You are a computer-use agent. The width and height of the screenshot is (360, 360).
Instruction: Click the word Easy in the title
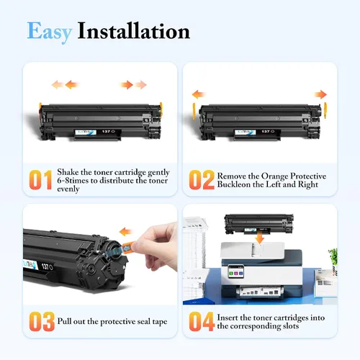pyautogui.click(x=50, y=32)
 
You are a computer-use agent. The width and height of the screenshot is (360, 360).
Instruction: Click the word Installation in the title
pyautogui.click(x=134, y=31)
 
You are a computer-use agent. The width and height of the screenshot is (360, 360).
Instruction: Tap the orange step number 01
pyautogui.click(x=40, y=180)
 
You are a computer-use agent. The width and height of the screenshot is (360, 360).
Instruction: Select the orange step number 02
pyautogui.click(x=202, y=180)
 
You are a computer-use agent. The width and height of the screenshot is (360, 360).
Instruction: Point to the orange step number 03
pyautogui.click(x=42, y=322)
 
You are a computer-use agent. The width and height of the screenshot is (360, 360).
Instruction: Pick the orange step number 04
pyautogui.click(x=202, y=322)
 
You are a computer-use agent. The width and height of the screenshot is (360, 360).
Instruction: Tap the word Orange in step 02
pyautogui.click(x=274, y=176)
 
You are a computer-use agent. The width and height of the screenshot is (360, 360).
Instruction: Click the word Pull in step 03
pyautogui.click(x=64, y=321)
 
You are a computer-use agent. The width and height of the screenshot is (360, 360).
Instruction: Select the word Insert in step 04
pyautogui.click(x=228, y=318)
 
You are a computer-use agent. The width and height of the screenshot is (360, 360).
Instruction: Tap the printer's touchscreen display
pyautogui.click(x=235, y=271)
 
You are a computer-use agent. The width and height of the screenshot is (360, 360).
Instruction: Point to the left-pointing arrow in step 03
pyautogui.click(x=125, y=232)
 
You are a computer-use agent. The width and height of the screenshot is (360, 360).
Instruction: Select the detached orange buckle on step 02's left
pyautogui.click(x=194, y=112)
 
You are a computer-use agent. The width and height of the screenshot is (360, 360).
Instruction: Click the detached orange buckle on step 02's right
pyautogui.click(x=325, y=110)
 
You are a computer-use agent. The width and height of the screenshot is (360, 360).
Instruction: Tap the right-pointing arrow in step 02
pyautogui.click(x=320, y=94)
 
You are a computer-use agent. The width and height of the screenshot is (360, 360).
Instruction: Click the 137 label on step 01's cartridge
pyautogui.click(x=106, y=132)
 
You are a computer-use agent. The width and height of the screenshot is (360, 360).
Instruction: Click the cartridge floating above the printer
pyautogui.click(x=258, y=224)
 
